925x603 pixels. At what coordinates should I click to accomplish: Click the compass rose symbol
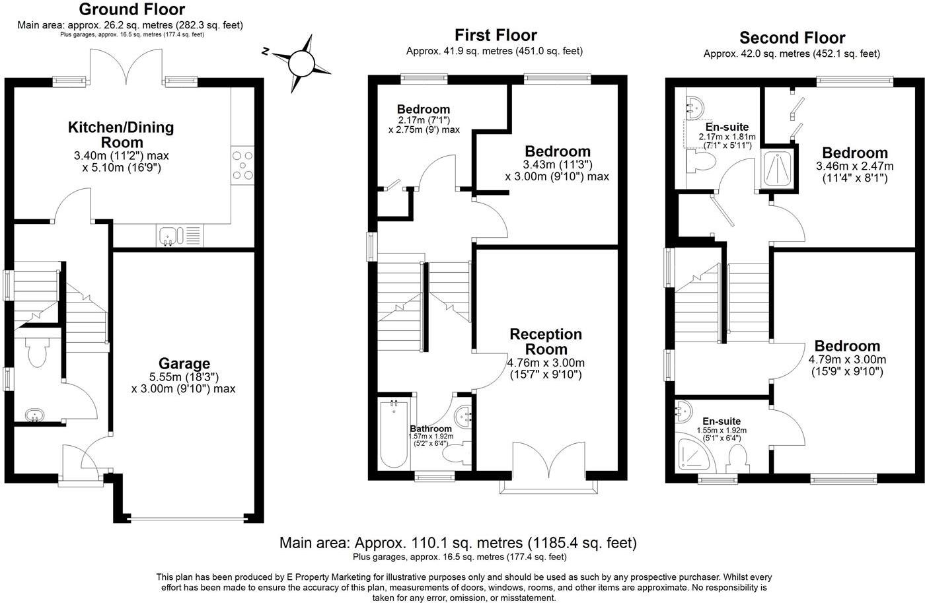301,63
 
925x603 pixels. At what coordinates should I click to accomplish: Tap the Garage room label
184,363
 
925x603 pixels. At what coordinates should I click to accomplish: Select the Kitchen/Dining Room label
121,134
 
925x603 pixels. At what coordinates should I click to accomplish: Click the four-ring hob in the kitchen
242,164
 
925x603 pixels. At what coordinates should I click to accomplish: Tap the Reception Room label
546,341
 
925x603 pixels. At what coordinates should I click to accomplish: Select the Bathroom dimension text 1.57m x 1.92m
431,437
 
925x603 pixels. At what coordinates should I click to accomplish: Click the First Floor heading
496,35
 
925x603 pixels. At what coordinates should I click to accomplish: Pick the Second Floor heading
792,38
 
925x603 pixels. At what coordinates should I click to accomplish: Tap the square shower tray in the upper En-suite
777,168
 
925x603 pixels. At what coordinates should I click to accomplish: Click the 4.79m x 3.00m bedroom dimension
847,360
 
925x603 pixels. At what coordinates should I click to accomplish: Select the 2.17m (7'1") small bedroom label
424,120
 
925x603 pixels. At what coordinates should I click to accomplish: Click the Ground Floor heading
131,9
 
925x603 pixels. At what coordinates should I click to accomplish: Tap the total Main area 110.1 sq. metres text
458,543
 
